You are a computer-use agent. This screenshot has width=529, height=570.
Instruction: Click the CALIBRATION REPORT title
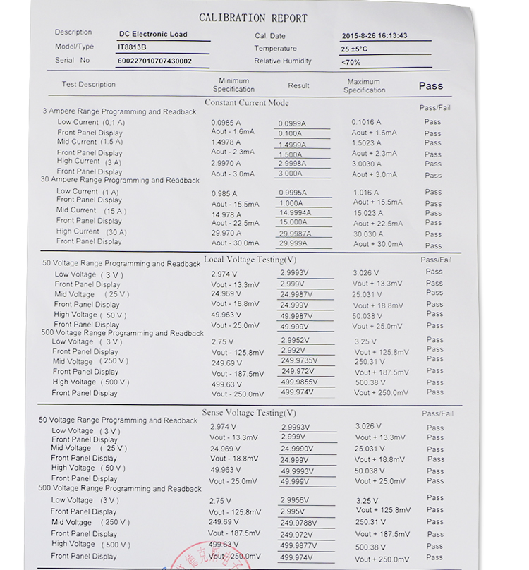pyautogui.click(x=253, y=18)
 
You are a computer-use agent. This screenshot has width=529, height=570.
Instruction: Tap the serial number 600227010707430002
pyautogui.click(x=154, y=61)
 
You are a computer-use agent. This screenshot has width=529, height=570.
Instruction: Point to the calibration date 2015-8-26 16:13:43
pyautogui.click(x=375, y=36)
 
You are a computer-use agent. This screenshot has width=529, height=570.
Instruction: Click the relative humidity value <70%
pyautogui.click(x=351, y=63)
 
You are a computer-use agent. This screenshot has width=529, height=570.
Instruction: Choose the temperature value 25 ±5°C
pyautogui.click(x=354, y=49)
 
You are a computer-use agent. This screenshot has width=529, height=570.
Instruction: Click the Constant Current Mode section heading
pyautogui.click(x=246, y=103)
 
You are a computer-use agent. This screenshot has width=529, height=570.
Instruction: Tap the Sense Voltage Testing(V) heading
pyautogui.click(x=249, y=413)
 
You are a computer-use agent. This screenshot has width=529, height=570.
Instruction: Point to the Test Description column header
pyautogui.click(x=88, y=85)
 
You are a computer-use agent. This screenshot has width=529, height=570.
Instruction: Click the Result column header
pyautogui.click(x=298, y=85)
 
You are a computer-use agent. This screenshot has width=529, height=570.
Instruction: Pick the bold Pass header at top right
pyautogui.click(x=430, y=85)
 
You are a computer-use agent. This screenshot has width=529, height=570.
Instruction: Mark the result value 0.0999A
pyautogui.click(x=292, y=123)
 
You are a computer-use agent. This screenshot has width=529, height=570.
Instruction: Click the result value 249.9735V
pyautogui.click(x=299, y=360)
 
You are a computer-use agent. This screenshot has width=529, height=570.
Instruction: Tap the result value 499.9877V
pyautogui.click(x=298, y=546)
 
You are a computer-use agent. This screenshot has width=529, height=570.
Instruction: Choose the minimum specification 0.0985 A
pyautogui.click(x=226, y=122)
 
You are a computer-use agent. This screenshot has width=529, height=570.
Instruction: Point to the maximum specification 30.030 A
pyautogui.click(x=368, y=234)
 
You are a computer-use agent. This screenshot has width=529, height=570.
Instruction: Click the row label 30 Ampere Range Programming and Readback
pyautogui.click(x=120, y=181)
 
